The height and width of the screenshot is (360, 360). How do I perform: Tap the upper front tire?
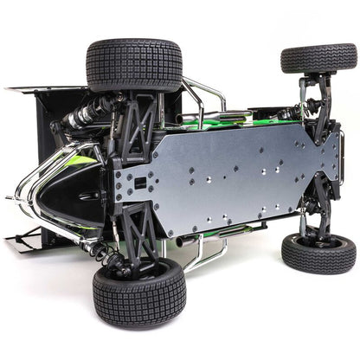tap(318, 58)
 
